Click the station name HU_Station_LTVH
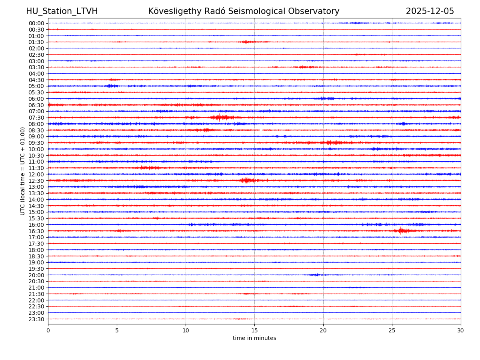[x=62, y=11]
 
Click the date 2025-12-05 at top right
[x=430, y=11]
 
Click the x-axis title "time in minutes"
[x=254, y=338]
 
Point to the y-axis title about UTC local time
[x=23, y=171]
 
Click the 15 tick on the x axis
[x=254, y=331]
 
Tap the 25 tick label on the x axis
[x=392, y=331]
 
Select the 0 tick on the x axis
[x=48, y=331]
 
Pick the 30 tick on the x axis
[x=461, y=331]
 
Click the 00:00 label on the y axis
[x=36, y=23]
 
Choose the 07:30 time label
[x=36, y=118]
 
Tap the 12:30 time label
[x=36, y=181]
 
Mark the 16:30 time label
[x=36, y=231]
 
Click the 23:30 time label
[x=36, y=319]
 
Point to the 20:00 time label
[x=36, y=275]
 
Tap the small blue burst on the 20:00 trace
[x=316, y=275]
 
